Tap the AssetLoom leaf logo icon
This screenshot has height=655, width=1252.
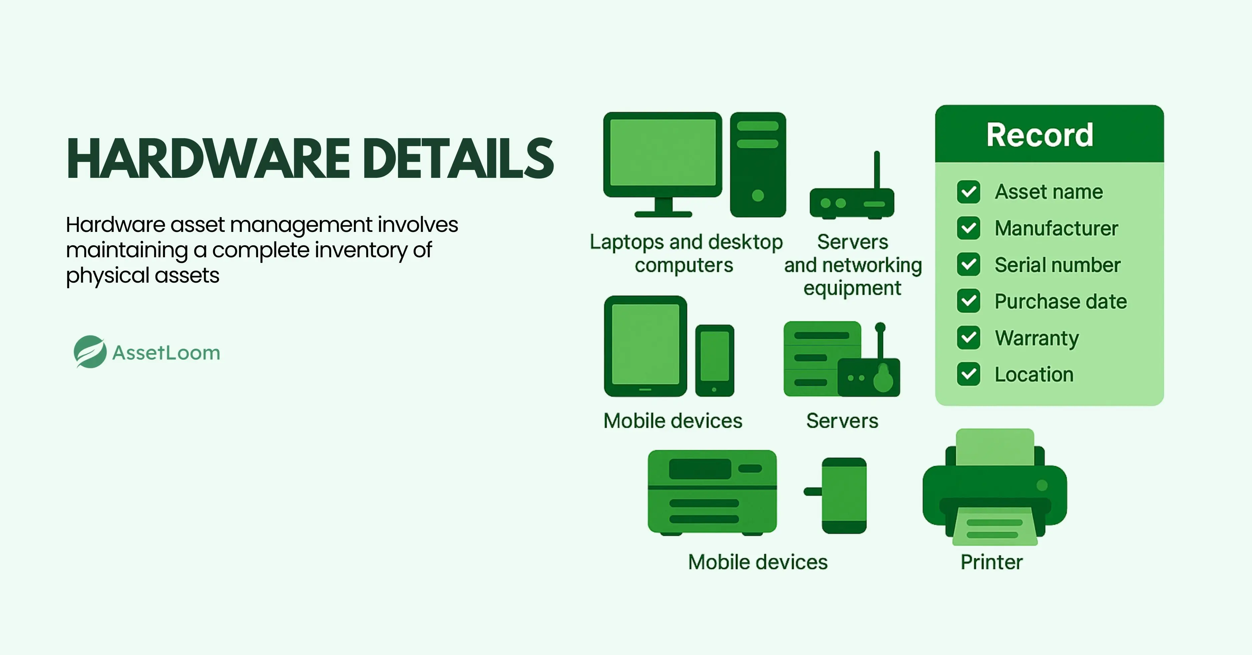pyautogui.click(x=90, y=352)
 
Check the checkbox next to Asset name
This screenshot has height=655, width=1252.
pyautogui.click(x=969, y=192)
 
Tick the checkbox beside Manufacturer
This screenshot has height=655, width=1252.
pyautogui.click(x=969, y=228)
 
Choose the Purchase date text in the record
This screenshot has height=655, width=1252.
pyautogui.click(x=1060, y=301)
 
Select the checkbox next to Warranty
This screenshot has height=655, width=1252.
pyautogui.click(x=969, y=338)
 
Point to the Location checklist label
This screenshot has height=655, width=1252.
pyautogui.click(x=1034, y=375)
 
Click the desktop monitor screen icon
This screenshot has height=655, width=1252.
pyautogui.click(x=662, y=153)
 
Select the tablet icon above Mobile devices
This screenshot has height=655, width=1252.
pyautogui.click(x=645, y=345)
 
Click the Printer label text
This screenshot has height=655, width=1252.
pyautogui.click(x=992, y=562)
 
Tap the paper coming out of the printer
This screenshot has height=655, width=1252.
pyautogui.click(x=994, y=527)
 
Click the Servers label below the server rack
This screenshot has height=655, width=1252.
pyautogui.click(x=842, y=421)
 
